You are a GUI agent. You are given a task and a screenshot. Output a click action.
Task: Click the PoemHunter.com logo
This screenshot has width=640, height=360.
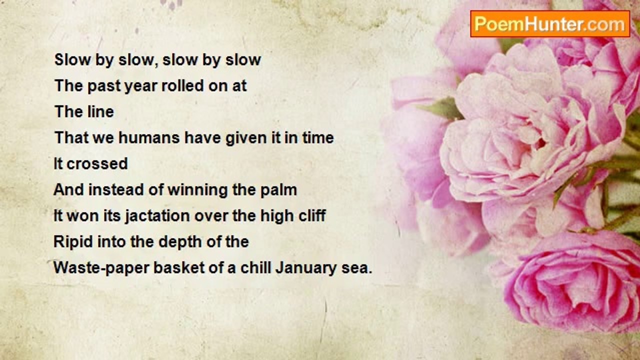click(549, 24)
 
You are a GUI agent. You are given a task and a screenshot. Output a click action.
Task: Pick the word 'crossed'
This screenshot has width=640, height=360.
click(97, 164)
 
